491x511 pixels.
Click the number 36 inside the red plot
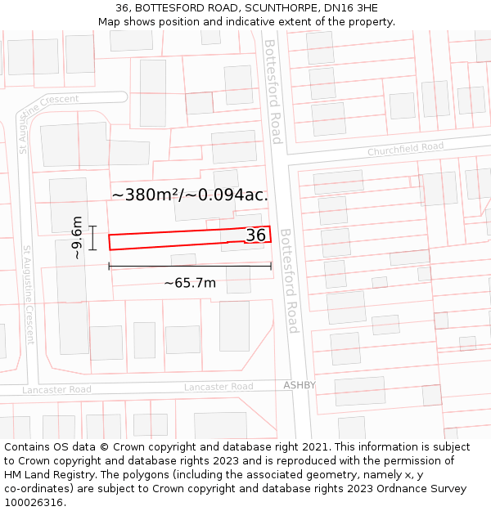pos(256,235)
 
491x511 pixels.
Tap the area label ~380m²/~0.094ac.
pos(190,195)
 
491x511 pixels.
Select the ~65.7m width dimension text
pos(190,283)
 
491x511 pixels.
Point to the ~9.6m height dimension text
pos(76,238)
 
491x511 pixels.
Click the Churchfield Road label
pos(405,150)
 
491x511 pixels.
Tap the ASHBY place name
pos(300,385)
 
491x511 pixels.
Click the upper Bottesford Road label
pos(273,92)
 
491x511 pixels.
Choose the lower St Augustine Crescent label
pos(28,294)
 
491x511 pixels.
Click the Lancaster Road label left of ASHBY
pos(218,387)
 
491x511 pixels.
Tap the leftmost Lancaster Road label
pos(56,390)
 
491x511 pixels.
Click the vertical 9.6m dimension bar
pos(93,238)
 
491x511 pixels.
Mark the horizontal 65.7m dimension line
pos(190,266)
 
